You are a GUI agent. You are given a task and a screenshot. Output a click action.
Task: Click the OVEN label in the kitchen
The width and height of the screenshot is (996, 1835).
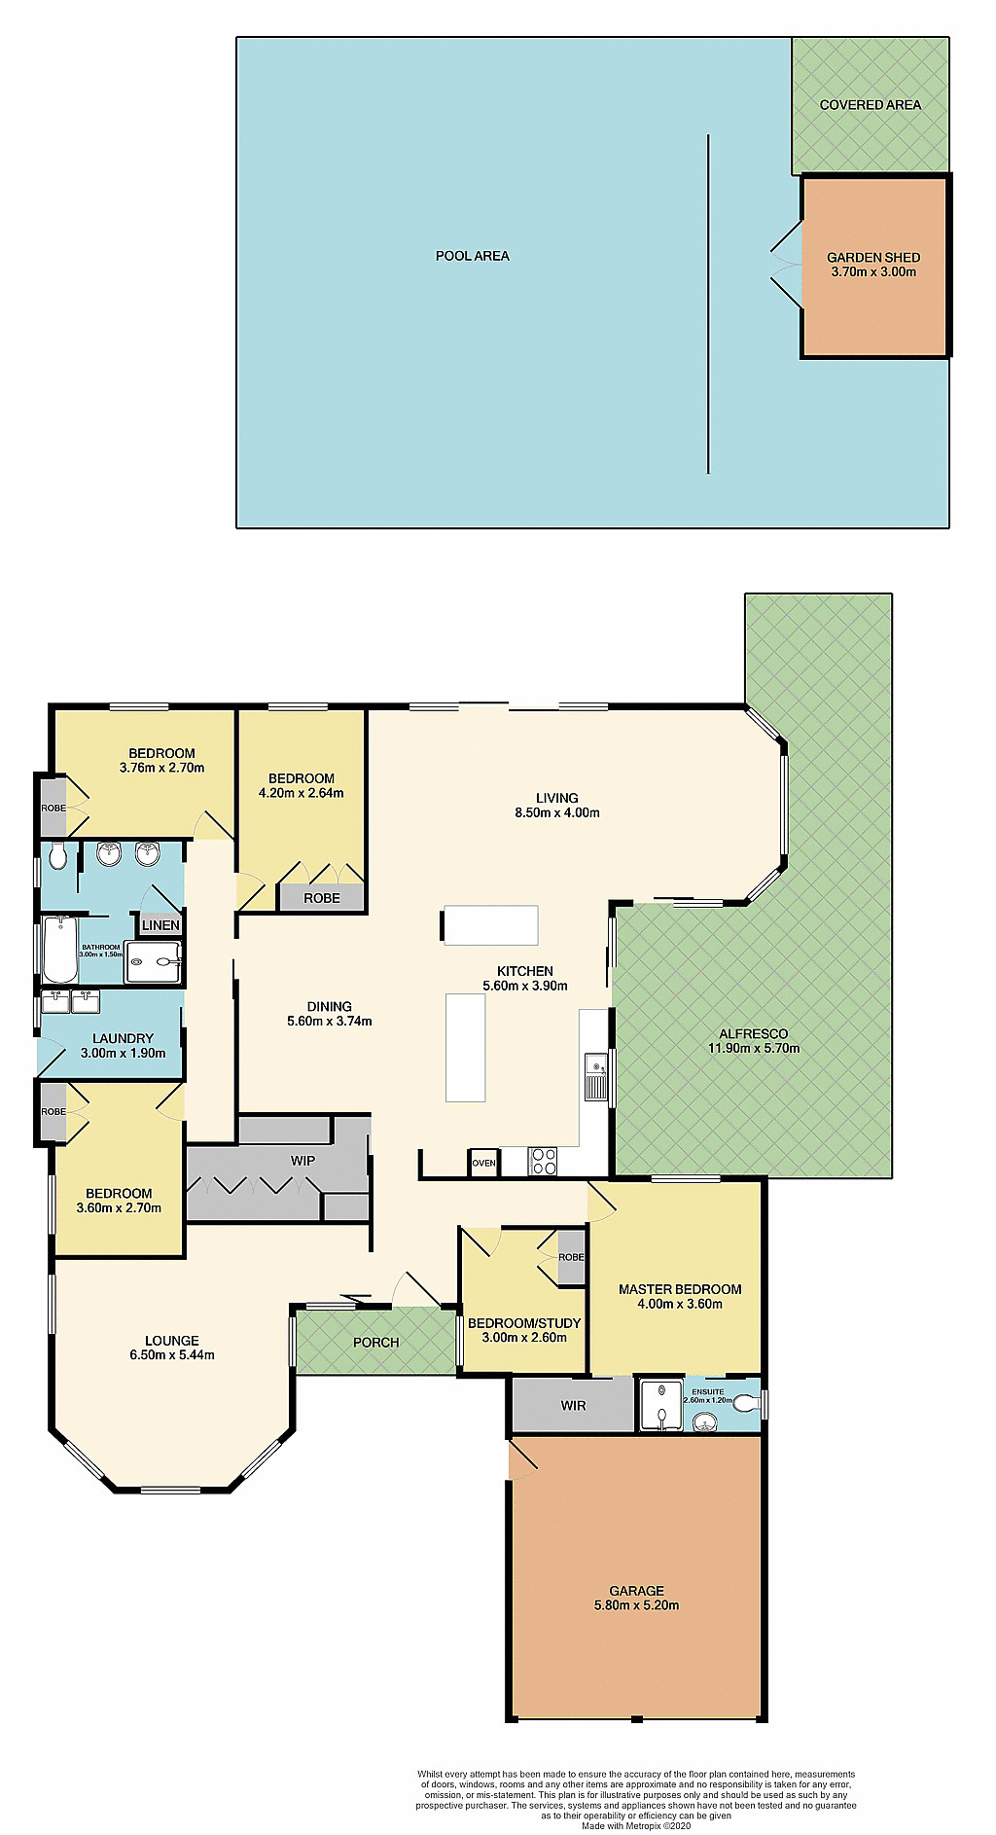483,1163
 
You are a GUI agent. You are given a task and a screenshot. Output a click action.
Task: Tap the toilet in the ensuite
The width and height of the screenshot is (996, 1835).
745,1403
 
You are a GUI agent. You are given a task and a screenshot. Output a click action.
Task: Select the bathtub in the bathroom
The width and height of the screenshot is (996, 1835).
59,949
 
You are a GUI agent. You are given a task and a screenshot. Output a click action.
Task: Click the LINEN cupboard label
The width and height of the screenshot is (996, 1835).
160,925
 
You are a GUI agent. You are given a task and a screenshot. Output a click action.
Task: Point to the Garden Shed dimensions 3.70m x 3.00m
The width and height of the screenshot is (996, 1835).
873,272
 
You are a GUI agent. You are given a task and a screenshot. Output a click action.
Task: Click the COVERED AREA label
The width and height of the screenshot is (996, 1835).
870,105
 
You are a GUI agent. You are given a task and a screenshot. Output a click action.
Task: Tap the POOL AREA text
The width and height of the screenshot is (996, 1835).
472,256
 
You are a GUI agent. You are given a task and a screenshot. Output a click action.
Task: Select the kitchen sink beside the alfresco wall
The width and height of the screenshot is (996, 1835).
596,1075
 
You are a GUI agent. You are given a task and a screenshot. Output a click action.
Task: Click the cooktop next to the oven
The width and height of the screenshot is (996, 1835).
543,1162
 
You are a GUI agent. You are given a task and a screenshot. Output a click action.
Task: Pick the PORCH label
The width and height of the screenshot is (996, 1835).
375,1343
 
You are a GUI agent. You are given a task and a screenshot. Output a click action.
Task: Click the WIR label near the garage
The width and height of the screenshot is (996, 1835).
573,1405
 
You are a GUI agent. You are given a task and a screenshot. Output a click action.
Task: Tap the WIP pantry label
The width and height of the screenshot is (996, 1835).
302,1161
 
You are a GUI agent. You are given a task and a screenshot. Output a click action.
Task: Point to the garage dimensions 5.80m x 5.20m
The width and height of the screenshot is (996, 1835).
636,1605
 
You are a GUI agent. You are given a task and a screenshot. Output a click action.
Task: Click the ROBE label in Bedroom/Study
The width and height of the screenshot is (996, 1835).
571,1257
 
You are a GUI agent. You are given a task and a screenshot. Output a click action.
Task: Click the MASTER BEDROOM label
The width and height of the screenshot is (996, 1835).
680,1289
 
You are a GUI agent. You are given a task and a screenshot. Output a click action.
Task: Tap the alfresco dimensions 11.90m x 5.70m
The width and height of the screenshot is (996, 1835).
754,1049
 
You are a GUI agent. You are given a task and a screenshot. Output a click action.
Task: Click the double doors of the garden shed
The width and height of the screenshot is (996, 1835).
786,265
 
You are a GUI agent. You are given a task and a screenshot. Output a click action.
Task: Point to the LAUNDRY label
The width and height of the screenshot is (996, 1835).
123,1038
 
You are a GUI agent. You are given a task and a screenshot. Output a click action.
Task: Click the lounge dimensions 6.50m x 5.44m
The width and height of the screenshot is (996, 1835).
172,1355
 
